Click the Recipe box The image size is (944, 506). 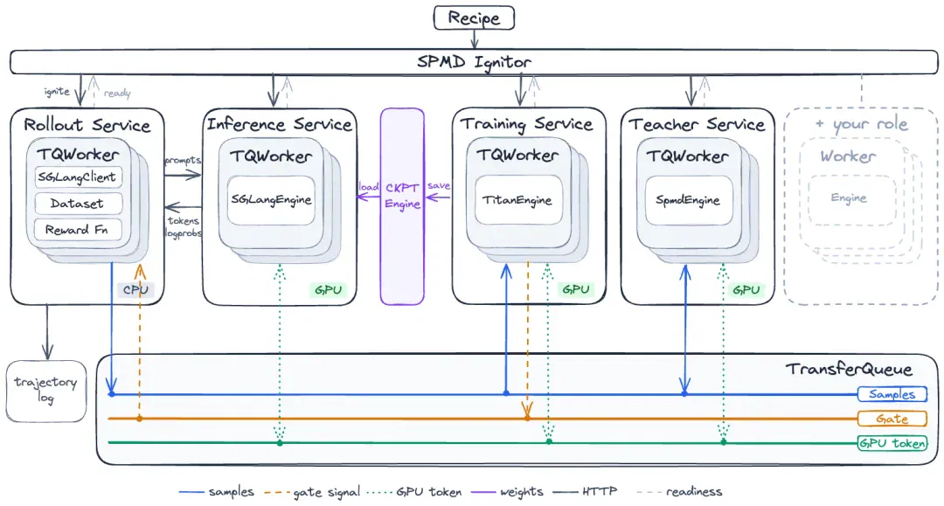click(x=474, y=17)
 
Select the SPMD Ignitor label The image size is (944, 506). click(x=474, y=62)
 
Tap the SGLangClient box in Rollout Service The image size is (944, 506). click(x=79, y=177)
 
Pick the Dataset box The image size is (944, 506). click(x=79, y=204)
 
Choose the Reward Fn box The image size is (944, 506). click(x=79, y=230)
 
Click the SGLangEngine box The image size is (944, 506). click(x=271, y=200)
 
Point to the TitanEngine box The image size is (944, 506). click(x=517, y=200)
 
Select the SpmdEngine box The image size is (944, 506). click(x=688, y=200)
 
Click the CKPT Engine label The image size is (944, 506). click(x=402, y=196)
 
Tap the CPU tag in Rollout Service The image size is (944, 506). click(x=135, y=290)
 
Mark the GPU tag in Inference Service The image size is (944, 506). click(x=328, y=290)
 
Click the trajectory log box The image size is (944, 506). click(x=46, y=392)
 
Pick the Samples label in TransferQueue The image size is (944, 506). click(x=892, y=394)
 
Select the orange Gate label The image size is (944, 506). click(x=892, y=419)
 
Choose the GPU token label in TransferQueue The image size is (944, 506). click(x=892, y=443)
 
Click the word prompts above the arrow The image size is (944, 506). click(x=183, y=161)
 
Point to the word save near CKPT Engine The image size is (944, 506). click(x=438, y=185)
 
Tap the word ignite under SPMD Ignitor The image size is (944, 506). click(x=57, y=92)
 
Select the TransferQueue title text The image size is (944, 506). click(x=848, y=369)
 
